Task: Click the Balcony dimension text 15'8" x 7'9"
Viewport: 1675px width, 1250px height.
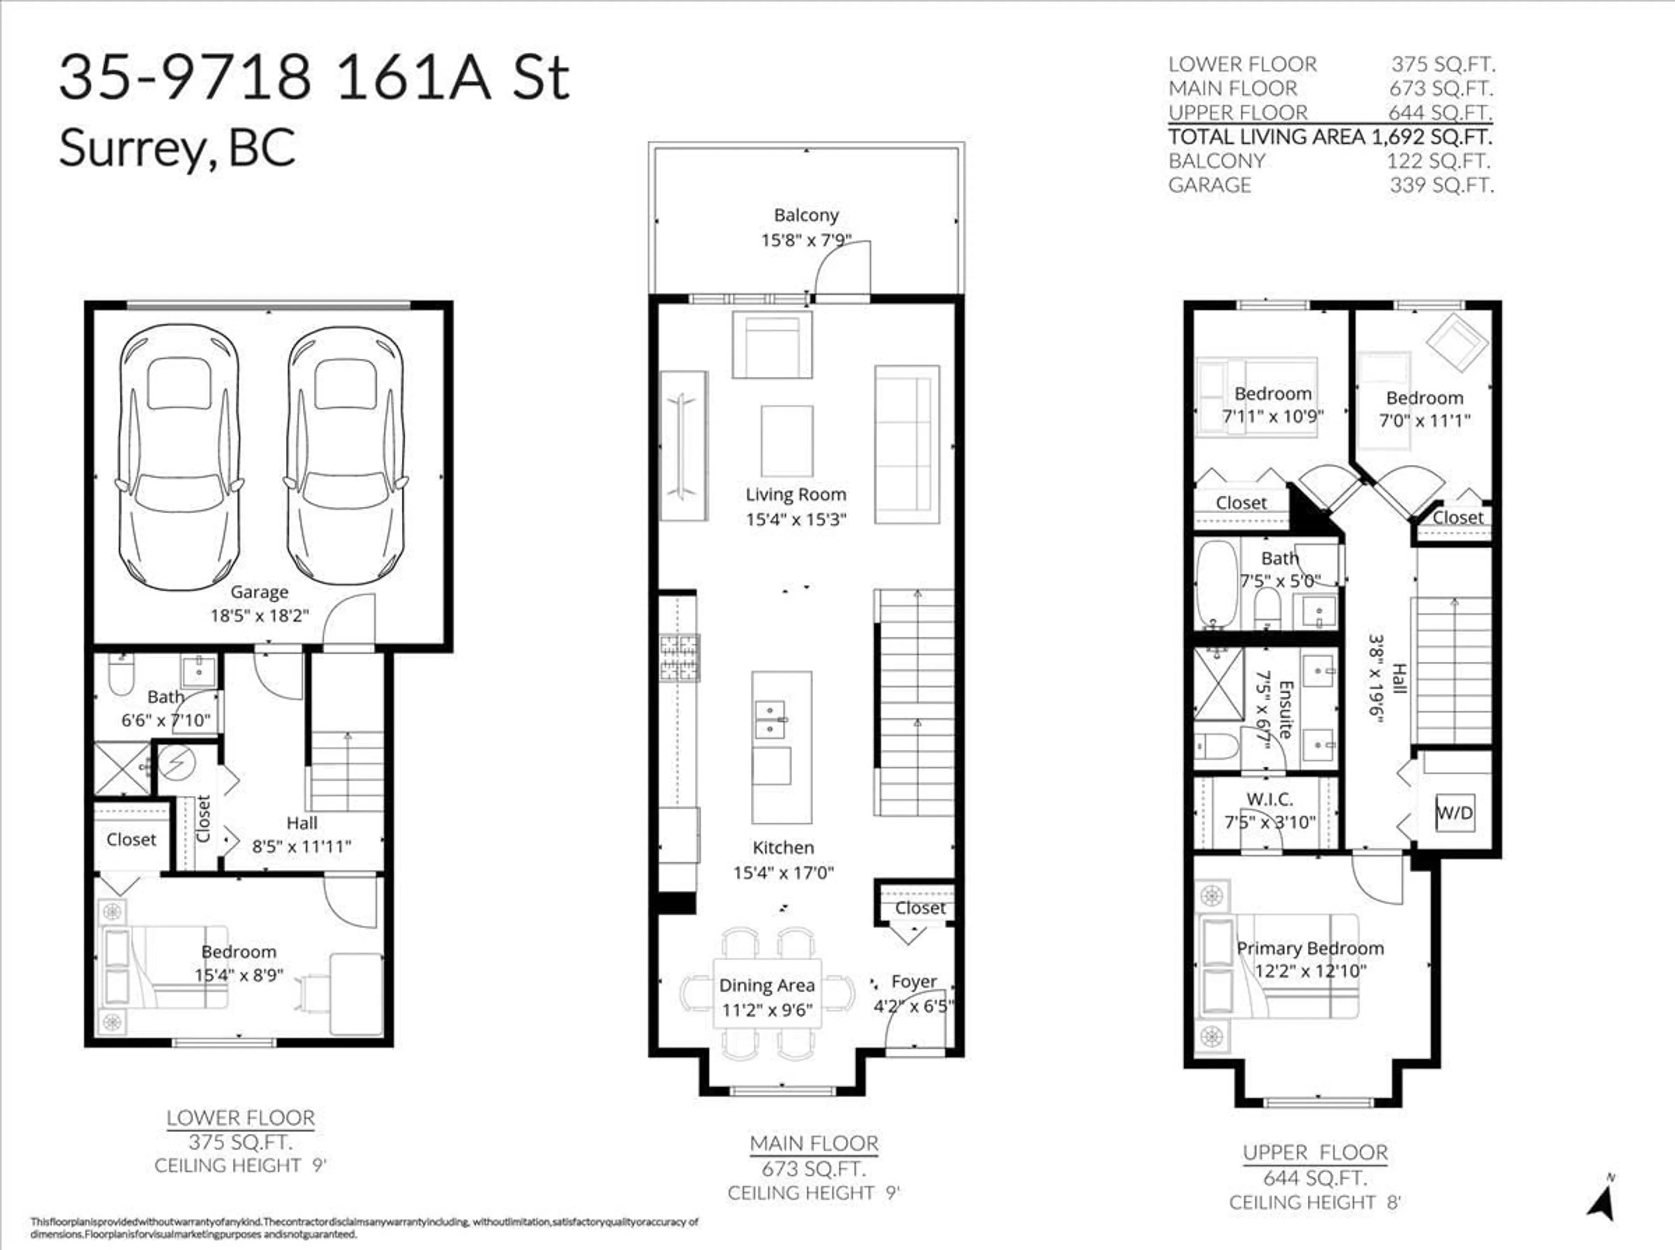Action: coord(806,240)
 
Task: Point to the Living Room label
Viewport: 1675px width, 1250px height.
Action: coord(796,495)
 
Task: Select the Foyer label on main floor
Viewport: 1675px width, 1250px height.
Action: coord(913,982)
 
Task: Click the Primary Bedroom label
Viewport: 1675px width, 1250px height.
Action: coord(1310,948)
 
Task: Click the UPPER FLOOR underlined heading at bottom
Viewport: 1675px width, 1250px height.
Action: coord(1315,1152)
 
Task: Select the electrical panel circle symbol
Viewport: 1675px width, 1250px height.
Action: coord(177,763)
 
